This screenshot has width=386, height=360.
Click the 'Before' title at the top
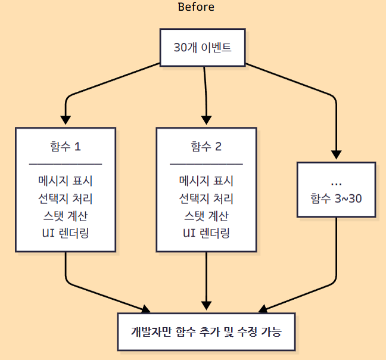pos(196,8)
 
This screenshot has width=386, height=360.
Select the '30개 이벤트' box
pos(202,48)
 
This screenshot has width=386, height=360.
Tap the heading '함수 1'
pos(66,147)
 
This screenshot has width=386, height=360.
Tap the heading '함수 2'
pos(206,147)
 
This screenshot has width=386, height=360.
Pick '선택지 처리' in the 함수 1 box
pos(66,198)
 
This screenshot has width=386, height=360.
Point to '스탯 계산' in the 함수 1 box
pos(66,215)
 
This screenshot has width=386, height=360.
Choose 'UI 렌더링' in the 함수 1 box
pos(66,232)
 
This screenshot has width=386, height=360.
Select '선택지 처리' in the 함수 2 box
pos(206,198)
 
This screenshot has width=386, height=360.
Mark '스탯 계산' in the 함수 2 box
pos(206,215)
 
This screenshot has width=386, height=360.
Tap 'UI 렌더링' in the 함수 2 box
pos(206,232)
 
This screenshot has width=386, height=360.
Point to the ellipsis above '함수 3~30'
pos(336,181)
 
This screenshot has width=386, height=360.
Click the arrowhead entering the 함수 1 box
pos(66,121)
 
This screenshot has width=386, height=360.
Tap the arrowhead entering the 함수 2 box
pos(206,121)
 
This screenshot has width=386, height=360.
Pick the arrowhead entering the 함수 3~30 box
pos(336,156)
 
